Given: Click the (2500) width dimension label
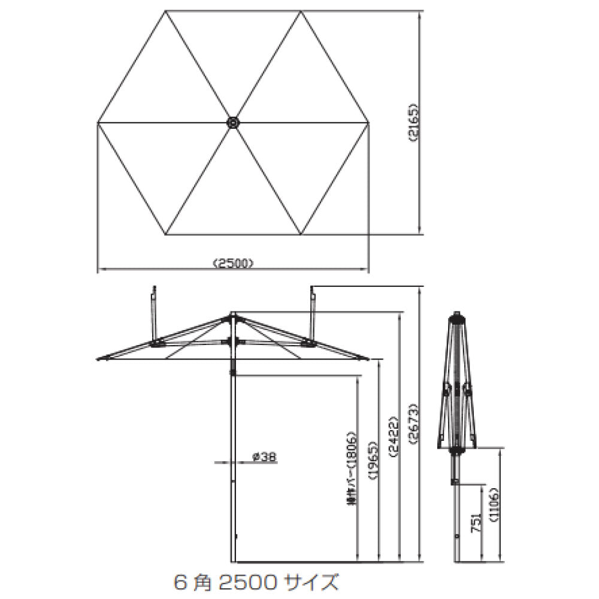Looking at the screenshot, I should click(x=234, y=262).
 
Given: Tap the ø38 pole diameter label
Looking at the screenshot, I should click(x=264, y=456).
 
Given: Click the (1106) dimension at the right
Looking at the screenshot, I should click(x=494, y=506).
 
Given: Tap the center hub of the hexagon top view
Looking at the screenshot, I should click(x=232, y=122).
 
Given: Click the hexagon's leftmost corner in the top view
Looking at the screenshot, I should click(x=98, y=123).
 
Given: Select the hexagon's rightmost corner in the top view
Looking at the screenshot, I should click(x=367, y=123).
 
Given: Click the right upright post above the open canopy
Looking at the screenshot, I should click(x=312, y=311).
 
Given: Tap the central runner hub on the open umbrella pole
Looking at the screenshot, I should click(x=232, y=341).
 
